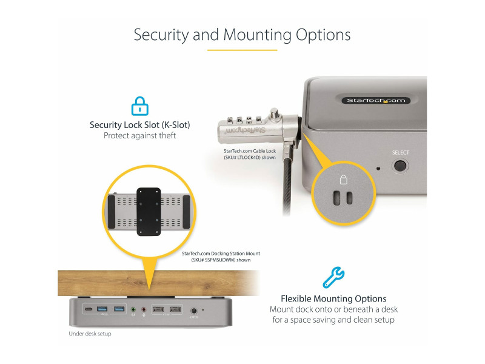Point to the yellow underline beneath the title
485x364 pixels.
pyautogui.click(x=242, y=50)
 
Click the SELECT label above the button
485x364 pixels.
pyautogui.click(x=401, y=153)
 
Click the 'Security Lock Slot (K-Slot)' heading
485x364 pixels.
pyautogui.click(x=140, y=125)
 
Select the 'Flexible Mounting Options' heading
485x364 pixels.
pyautogui.click(x=333, y=298)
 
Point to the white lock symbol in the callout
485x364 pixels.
pyautogui.click(x=343, y=180)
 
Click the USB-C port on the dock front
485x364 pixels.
pyautogui.click(x=90, y=310)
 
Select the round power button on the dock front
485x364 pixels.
pyautogui.click(x=194, y=310)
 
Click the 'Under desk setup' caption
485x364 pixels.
pyautogui.click(x=90, y=334)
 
